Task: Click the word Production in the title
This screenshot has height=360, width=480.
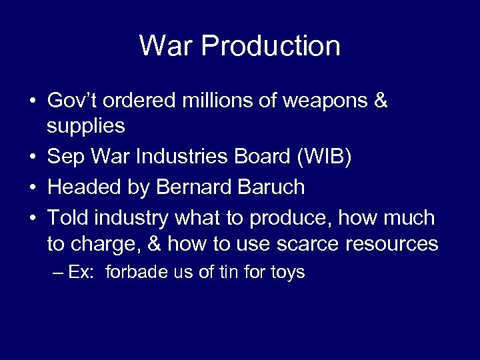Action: pos(270,46)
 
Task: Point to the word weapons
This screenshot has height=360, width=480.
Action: pos(330,101)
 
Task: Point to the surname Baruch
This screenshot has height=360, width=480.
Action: pos(274,187)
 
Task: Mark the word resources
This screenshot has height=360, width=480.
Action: pos(391,244)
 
